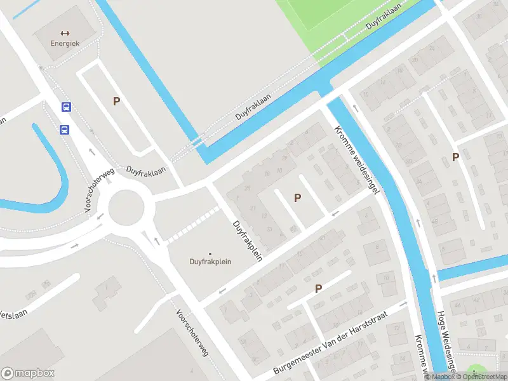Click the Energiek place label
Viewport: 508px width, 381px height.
point(64,43)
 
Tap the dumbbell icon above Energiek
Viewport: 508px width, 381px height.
point(64,33)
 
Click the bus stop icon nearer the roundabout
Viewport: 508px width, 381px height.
point(64,130)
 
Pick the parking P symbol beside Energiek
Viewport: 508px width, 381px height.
point(116,101)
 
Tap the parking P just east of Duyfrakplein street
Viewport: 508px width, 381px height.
point(297,198)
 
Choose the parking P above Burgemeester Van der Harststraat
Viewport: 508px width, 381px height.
point(319,289)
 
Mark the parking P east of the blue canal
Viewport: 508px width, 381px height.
point(455,157)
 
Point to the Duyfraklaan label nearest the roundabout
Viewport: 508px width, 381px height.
point(145,171)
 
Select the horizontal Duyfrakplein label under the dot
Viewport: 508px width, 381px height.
point(210,261)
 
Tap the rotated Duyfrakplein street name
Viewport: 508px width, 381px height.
point(248,237)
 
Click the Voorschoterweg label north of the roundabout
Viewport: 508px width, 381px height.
point(99,189)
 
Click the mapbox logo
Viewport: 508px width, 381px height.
point(27,373)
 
